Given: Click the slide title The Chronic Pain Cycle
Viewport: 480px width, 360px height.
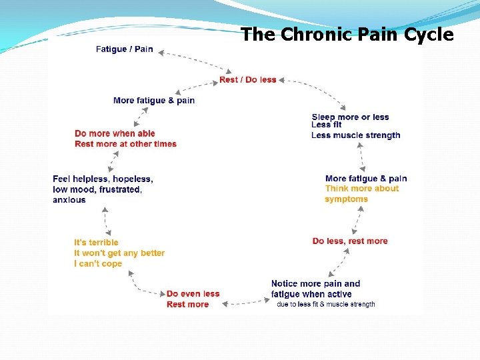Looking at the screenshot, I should pyautogui.click(x=347, y=35).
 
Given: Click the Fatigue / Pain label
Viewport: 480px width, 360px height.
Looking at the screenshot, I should pyautogui.click(x=124, y=49).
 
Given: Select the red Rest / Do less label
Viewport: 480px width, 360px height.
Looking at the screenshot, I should pyautogui.click(x=247, y=80).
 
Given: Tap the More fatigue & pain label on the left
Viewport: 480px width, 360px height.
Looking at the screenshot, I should pyautogui.click(x=154, y=101).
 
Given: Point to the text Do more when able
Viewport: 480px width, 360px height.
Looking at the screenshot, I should pyautogui.click(x=115, y=134).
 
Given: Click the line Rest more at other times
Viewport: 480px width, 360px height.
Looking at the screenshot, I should pyautogui.click(x=125, y=144).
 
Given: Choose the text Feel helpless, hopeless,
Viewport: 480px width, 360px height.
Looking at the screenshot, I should pyautogui.click(x=103, y=179).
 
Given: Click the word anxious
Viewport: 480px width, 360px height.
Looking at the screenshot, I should pyautogui.click(x=69, y=200).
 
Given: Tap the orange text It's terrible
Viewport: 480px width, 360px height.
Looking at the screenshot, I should pyautogui.click(x=96, y=243).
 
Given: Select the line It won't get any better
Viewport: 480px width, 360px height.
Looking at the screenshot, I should pyautogui.click(x=119, y=253).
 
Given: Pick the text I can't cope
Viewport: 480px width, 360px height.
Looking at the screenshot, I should pyautogui.click(x=98, y=264).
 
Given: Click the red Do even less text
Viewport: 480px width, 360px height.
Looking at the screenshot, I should pyautogui.click(x=193, y=294).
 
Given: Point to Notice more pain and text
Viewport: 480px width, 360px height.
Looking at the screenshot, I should pyautogui.click(x=315, y=284).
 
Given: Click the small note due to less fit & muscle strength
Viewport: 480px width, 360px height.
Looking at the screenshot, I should pyautogui.click(x=325, y=305).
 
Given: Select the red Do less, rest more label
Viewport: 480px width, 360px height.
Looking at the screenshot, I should pyautogui.click(x=349, y=241).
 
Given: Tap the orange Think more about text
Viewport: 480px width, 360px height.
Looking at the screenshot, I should pyautogui.click(x=361, y=189).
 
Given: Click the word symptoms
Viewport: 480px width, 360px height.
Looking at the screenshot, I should pyautogui.click(x=346, y=199).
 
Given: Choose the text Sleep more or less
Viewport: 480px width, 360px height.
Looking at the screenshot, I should pyautogui.click(x=350, y=117).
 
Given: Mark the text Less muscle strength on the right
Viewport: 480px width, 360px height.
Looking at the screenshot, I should pyautogui.click(x=355, y=135).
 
